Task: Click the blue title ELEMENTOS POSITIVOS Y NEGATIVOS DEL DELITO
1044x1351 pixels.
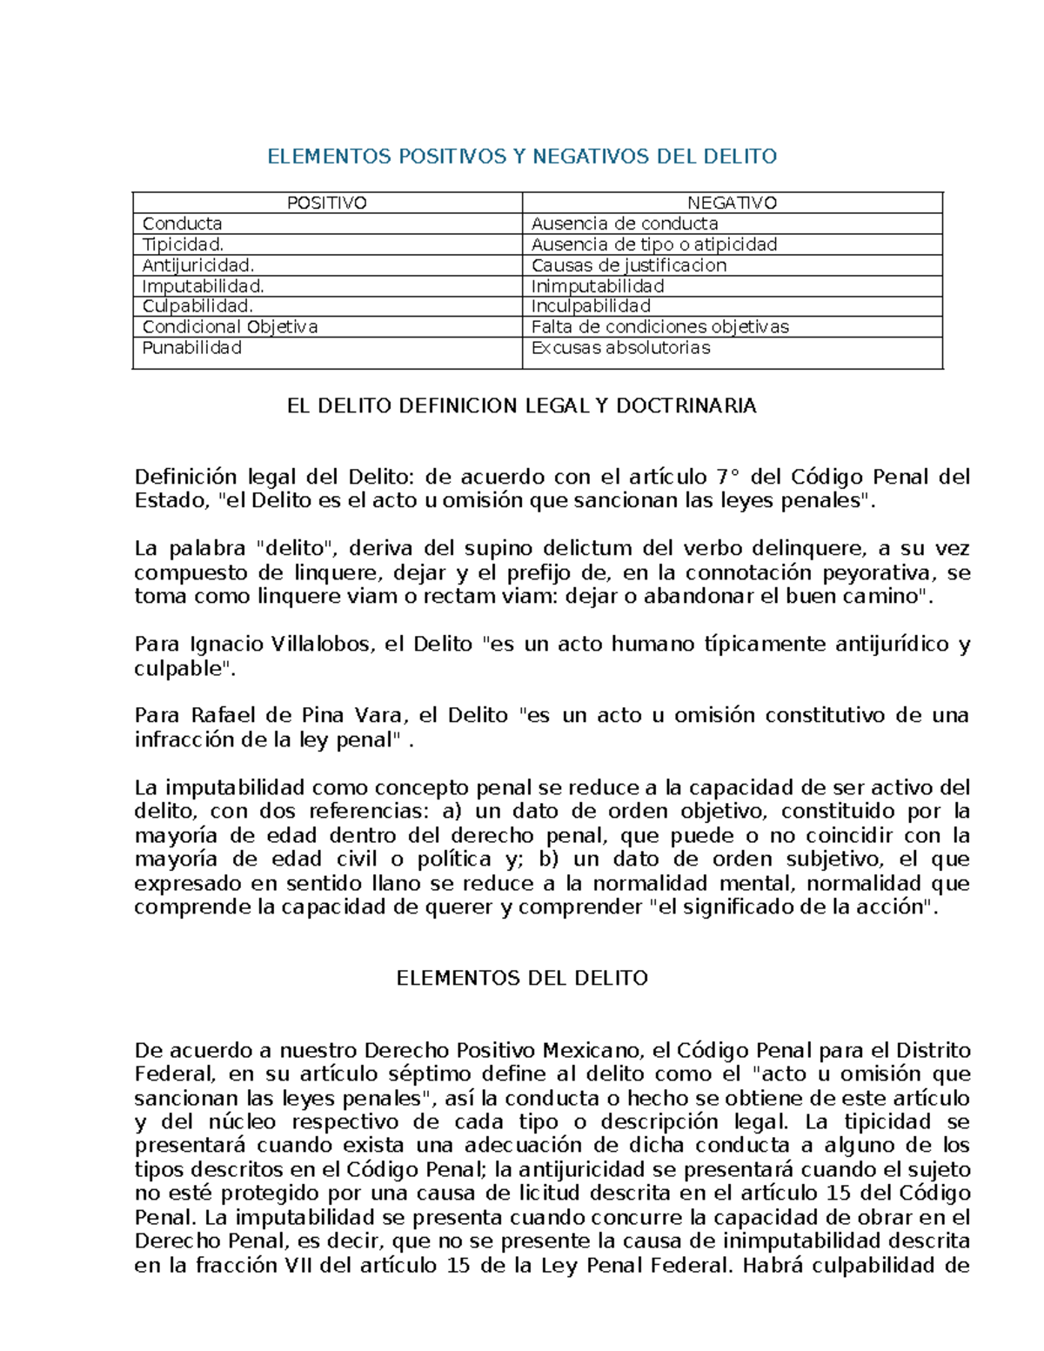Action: pyautogui.click(x=521, y=157)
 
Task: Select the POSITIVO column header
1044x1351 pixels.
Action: pyautogui.click(x=327, y=203)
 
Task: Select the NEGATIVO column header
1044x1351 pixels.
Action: pyautogui.click(x=732, y=203)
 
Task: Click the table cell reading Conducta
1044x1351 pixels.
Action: pyautogui.click(x=183, y=224)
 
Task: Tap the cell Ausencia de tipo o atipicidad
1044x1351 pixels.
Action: pyautogui.click(x=654, y=244)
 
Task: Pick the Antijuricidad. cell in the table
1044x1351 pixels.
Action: pyautogui.click(x=198, y=265)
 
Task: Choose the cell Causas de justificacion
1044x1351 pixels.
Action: pyautogui.click(x=628, y=265)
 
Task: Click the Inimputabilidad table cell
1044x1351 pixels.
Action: pyautogui.click(x=598, y=286)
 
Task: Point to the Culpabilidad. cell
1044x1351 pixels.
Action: pyautogui.click(x=197, y=306)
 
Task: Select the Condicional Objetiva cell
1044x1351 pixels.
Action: pyautogui.click(x=230, y=327)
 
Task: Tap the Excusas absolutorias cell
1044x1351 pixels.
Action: pyautogui.click(x=620, y=348)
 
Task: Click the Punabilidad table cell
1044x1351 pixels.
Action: pyautogui.click(x=192, y=348)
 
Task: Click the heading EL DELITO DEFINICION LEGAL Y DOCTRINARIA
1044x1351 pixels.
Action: pyautogui.click(x=521, y=406)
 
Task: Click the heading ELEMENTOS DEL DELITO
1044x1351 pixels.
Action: pyautogui.click(x=521, y=978)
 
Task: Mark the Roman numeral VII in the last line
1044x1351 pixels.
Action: pyautogui.click(x=299, y=1266)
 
